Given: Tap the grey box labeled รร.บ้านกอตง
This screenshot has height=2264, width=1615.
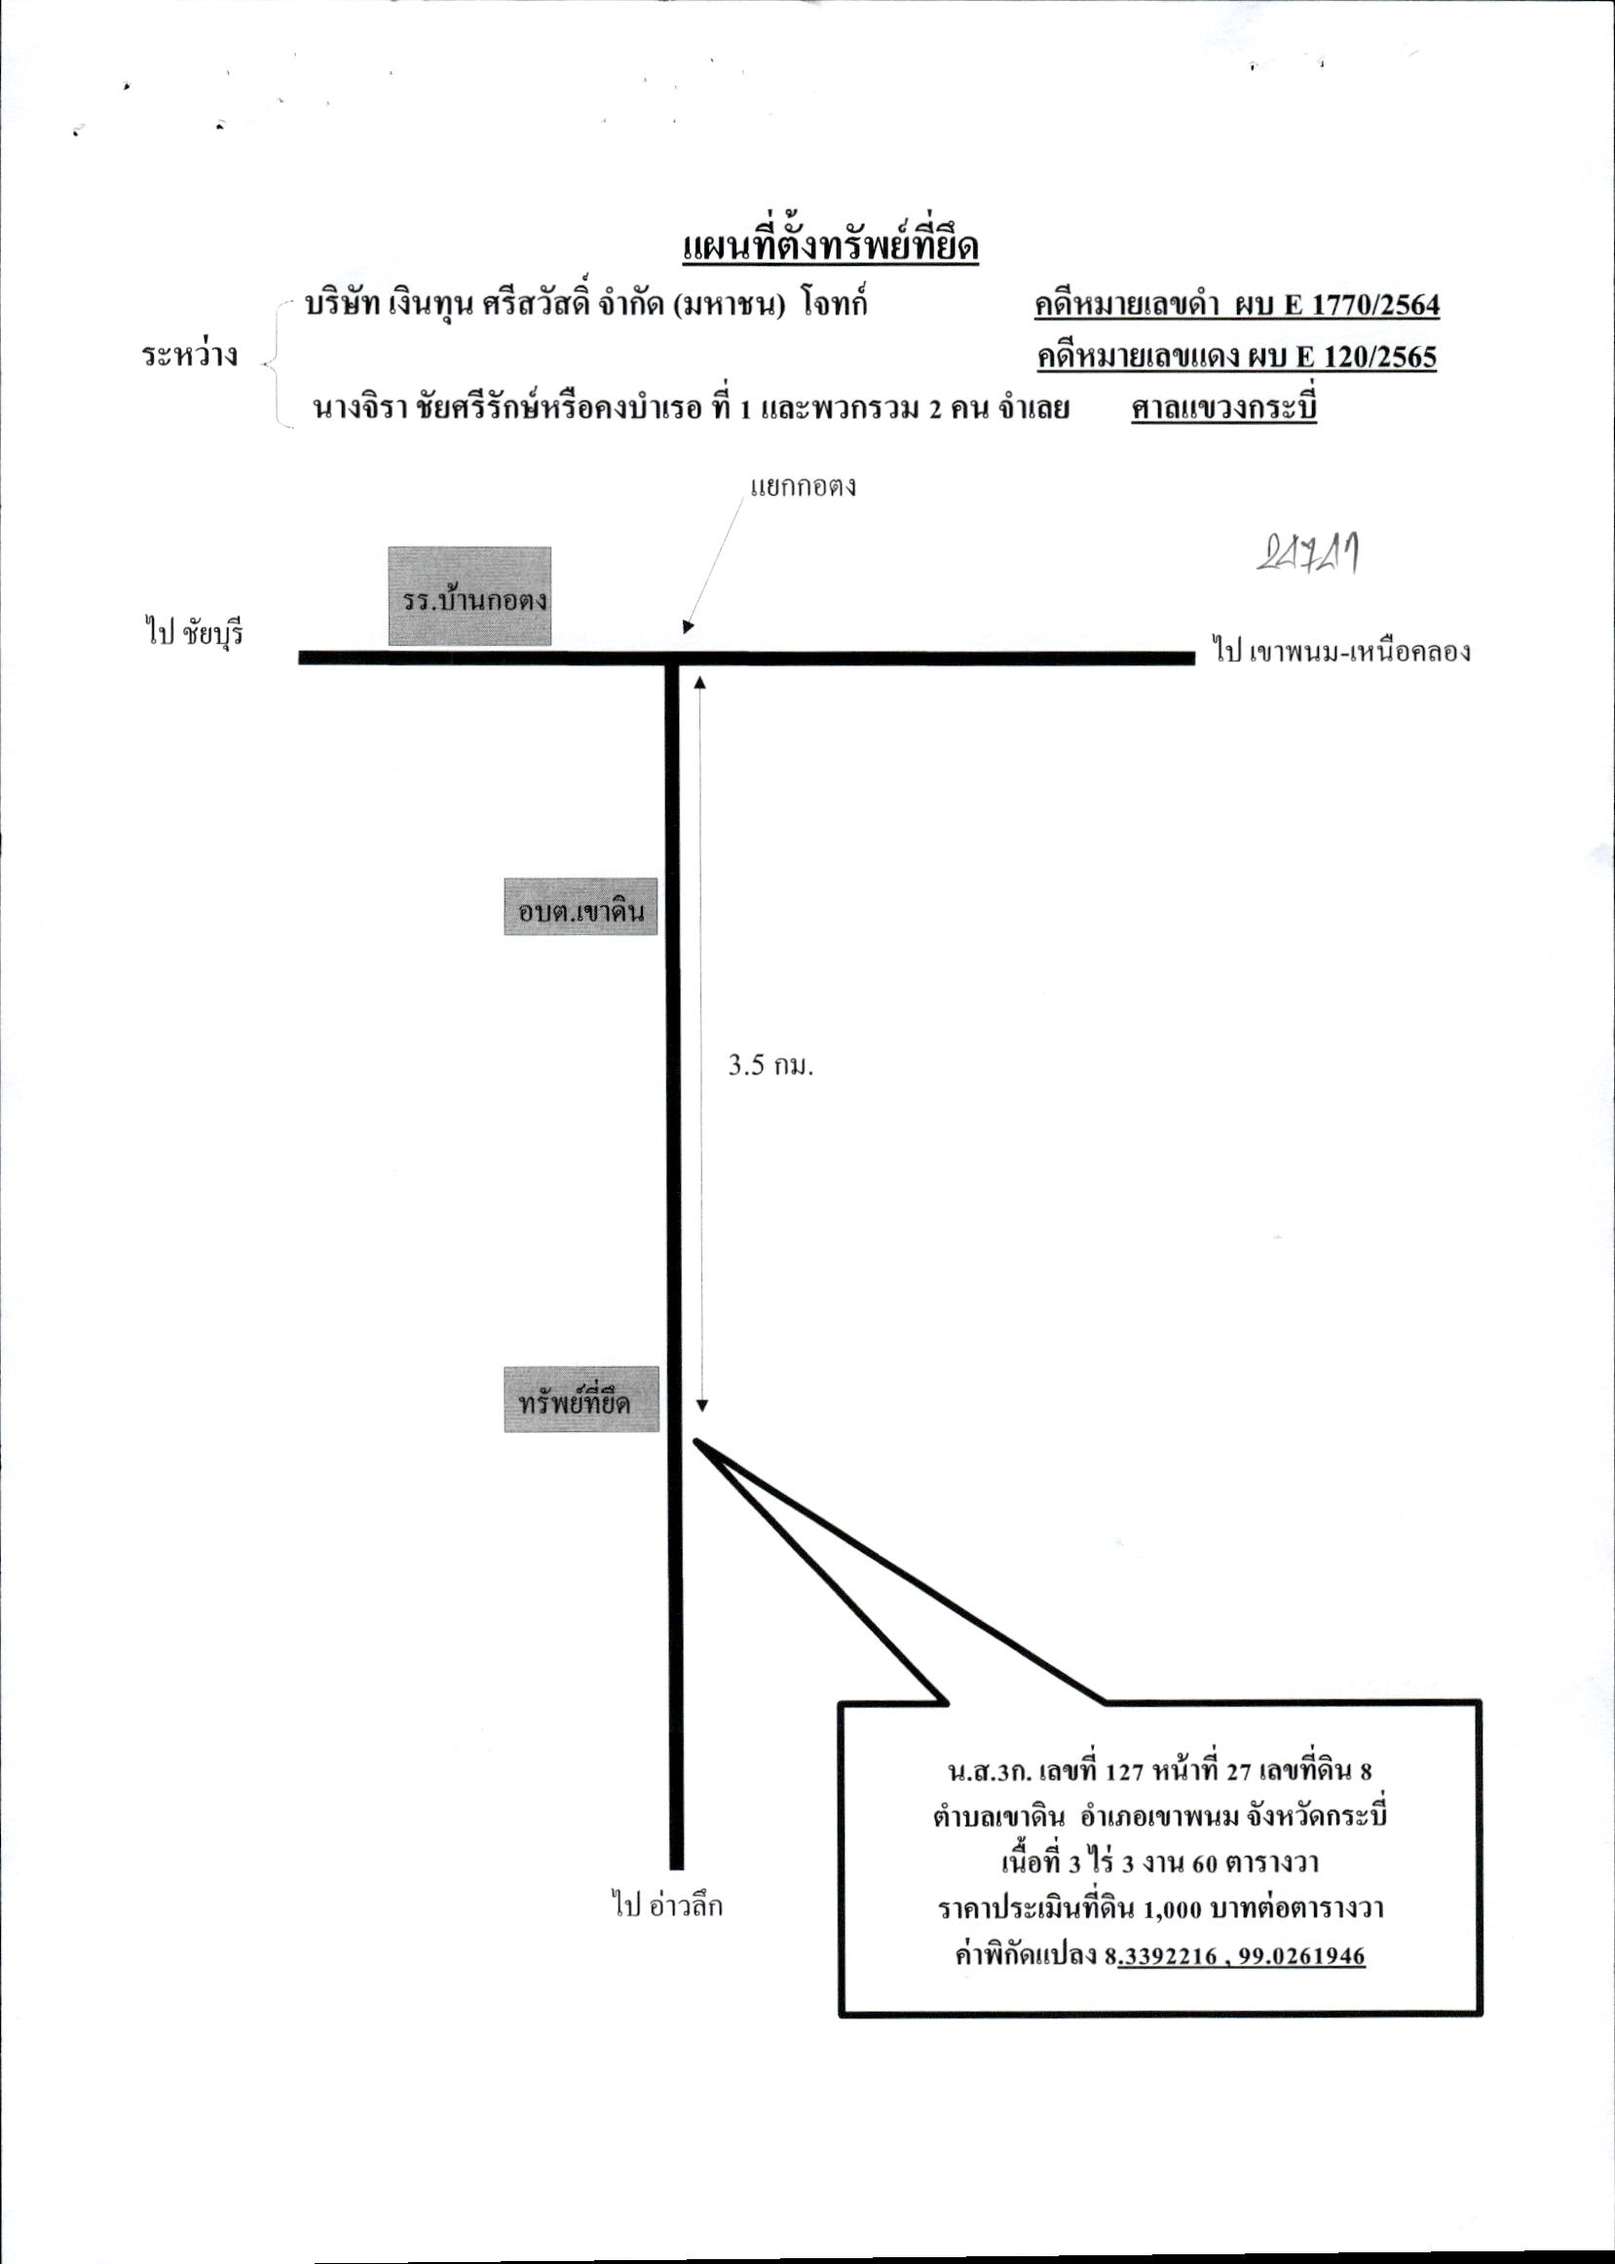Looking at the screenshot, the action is (x=469, y=595).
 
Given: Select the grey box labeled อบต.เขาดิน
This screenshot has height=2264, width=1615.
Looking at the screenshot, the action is (x=581, y=907).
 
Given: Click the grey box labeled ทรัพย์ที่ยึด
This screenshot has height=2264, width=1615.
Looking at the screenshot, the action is (x=581, y=1399).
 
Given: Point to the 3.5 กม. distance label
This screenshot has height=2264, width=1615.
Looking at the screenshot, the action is (x=770, y=1066).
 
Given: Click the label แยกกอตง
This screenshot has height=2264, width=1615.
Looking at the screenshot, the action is (x=803, y=487).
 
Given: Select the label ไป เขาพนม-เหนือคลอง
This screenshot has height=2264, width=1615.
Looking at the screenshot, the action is (x=1341, y=652).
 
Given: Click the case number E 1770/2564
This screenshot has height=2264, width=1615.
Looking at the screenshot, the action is (x=1363, y=305).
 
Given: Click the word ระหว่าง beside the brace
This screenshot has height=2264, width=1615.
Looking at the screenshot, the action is (x=190, y=356).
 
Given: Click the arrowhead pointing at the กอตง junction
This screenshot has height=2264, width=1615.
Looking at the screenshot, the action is (x=687, y=627).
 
